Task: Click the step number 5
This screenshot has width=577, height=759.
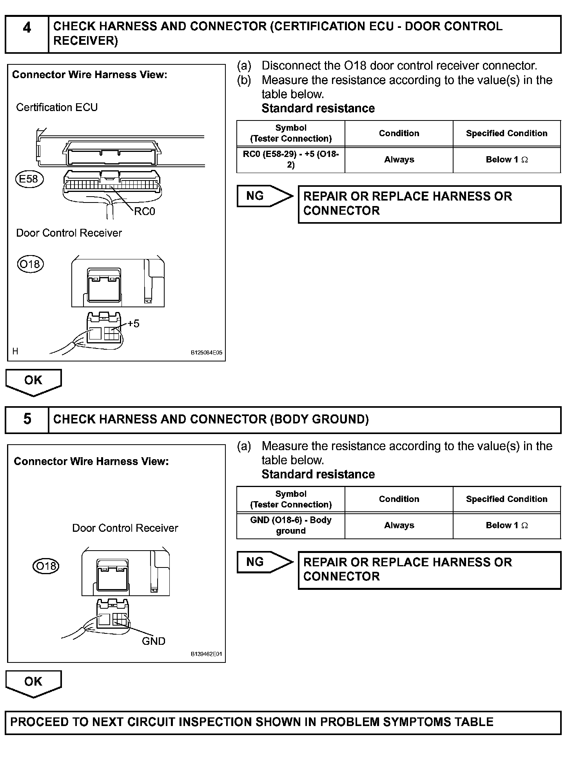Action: pos(27,419)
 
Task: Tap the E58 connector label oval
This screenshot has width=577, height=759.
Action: pos(29,179)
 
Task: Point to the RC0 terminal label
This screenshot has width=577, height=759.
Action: pos(144,212)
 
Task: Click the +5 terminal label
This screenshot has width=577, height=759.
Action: pos(133,324)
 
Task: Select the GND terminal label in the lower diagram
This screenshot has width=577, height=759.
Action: pos(153,641)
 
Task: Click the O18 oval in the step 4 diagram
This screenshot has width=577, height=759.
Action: pos(30,264)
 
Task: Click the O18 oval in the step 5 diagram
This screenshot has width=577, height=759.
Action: pos(46,566)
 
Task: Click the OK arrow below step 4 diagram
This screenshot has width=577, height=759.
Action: pos(33,381)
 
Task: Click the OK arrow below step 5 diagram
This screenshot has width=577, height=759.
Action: pos(33,682)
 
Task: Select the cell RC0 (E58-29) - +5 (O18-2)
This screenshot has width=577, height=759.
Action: pos(291,159)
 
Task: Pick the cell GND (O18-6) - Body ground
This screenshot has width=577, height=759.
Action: pos(291,525)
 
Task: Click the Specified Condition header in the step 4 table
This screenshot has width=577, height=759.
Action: pos(506,133)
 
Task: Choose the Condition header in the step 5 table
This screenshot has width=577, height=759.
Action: pos(399,499)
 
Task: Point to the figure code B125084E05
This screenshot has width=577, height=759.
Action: pos(206,353)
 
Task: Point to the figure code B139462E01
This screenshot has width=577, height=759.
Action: pos(206,654)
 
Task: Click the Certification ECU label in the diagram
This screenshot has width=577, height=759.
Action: pos(57,108)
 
